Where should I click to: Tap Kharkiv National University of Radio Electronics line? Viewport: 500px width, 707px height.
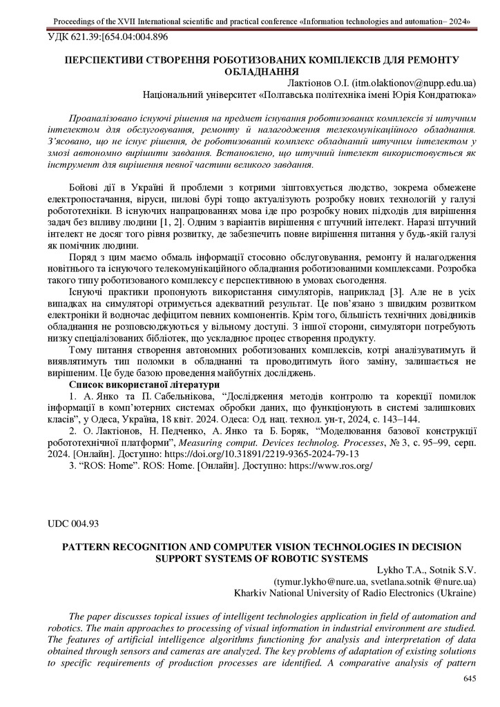(355, 592)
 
